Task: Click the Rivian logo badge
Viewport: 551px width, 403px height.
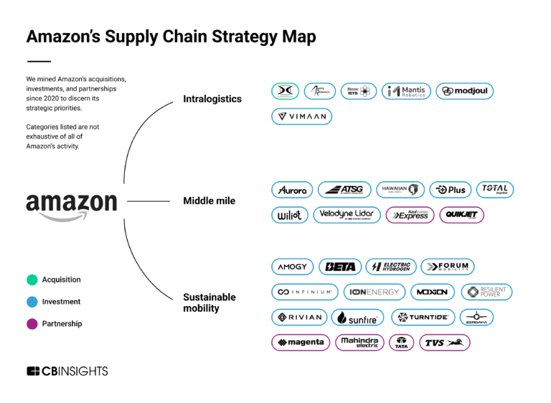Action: point(300,317)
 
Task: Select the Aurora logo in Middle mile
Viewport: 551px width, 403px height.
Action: point(293,190)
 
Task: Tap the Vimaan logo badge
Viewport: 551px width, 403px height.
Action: point(301,116)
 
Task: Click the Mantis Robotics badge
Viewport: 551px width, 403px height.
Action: point(406,91)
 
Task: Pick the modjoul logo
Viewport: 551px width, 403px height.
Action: point(464,91)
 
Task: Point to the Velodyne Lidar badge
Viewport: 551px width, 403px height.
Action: point(347,215)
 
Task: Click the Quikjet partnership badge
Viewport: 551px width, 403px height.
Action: point(461,215)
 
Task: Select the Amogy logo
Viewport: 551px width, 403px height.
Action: point(293,267)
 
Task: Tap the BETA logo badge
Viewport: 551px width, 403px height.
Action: point(339,267)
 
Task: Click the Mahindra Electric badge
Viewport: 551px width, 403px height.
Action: point(359,342)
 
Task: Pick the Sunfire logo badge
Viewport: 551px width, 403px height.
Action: point(357,317)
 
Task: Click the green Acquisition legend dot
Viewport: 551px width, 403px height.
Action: point(32,279)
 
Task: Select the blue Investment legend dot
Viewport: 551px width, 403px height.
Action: point(32,302)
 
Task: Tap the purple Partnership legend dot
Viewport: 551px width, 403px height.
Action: point(32,324)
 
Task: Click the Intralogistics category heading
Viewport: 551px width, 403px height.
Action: point(212,98)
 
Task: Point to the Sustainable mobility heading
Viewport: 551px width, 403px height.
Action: point(209,302)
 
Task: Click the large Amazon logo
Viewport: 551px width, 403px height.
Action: point(71,205)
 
